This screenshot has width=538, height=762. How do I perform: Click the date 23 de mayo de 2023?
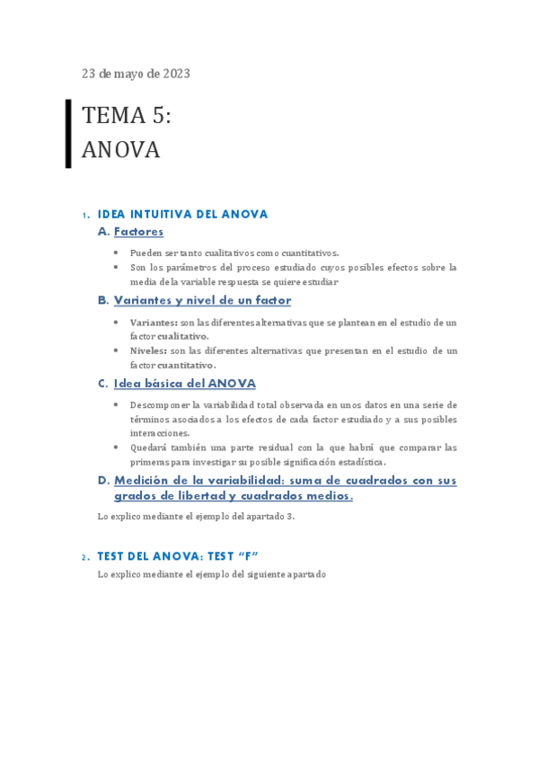click(x=136, y=74)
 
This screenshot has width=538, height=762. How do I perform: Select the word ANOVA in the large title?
click(x=120, y=150)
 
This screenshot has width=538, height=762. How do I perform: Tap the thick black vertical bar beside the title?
click(x=68, y=133)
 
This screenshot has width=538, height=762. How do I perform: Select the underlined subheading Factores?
click(x=138, y=232)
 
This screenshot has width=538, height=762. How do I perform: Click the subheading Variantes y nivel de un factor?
click(x=202, y=300)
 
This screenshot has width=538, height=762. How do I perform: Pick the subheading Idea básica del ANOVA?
click(x=184, y=384)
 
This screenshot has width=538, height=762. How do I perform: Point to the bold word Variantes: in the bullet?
click(x=154, y=322)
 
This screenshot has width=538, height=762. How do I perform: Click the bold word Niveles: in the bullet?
click(x=149, y=350)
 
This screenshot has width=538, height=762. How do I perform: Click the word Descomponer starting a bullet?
click(x=159, y=405)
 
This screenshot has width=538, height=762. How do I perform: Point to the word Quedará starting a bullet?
click(x=149, y=447)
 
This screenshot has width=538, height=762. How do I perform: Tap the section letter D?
click(x=103, y=481)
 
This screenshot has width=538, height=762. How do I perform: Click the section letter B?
click(x=103, y=300)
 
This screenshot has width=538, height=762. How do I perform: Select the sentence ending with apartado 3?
click(x=196, y=517)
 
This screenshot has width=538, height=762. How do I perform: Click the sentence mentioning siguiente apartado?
click(x=212, y=574)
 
